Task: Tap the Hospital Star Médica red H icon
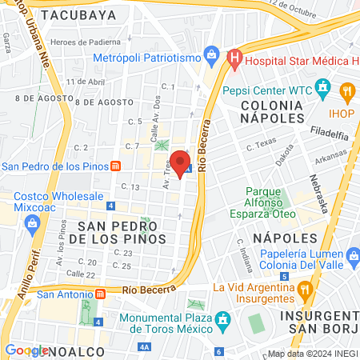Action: click(x=234, y=58)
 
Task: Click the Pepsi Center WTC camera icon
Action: click(x=323, y=86)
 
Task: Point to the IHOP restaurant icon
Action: click(x=347, y=91)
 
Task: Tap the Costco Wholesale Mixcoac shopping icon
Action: click(x=34, y=220)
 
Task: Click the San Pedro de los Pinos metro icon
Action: click(x=117, y=166)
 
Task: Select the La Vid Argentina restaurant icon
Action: click(x=304, y=288)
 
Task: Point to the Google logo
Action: click(x=26, y=350)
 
